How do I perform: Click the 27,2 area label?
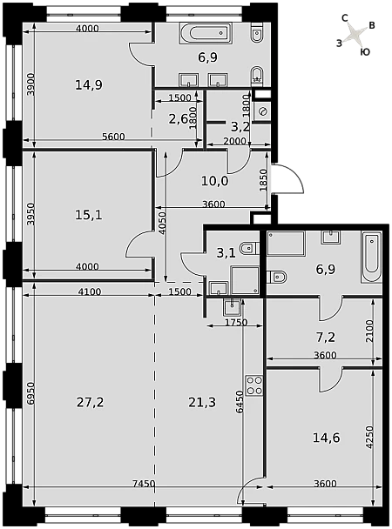coord(90,403)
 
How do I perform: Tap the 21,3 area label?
coord(202,403)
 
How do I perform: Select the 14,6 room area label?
coord(327,438)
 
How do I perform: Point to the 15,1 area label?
coord(89,215)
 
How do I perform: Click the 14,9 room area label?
coord(89,85)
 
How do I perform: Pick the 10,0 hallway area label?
coord(215,182)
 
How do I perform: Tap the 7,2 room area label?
coord(326,337)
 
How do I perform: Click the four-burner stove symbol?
coord(254,385)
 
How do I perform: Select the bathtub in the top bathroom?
coord(206,33)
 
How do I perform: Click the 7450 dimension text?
coord(143,484)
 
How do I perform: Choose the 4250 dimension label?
coord(369,437)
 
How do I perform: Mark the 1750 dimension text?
coord(236,323)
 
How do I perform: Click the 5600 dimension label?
coord(113,137)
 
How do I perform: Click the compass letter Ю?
coord(365,52)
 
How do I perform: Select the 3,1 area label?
coord(225,253)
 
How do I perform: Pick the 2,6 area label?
coord(179,118)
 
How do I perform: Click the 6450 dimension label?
coord(240,402)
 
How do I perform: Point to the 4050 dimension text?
coord(163,224)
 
